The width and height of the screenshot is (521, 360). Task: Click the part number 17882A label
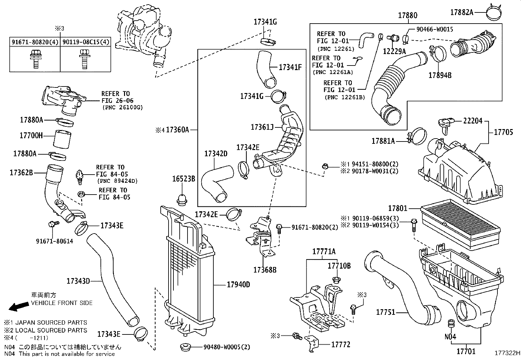[461, 12]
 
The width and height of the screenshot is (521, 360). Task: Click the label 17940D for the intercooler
[238, 285]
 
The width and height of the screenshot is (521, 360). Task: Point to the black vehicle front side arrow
[18, 306]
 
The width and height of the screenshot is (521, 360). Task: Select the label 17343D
[78, 281]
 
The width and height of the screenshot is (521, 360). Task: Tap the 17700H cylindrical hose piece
[62, 140]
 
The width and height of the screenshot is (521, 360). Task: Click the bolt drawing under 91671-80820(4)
[34, 59]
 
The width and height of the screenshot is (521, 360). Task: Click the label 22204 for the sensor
[473, 121]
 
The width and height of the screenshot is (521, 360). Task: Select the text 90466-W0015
[435, 29]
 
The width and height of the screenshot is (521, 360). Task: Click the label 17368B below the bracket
[265, 270]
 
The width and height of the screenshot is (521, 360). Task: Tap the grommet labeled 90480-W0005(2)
[186, 347]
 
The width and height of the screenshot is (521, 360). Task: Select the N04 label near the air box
[450, 336]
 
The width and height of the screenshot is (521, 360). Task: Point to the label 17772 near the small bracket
[341, 344]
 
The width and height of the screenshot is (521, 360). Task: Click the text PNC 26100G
[122, 107]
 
